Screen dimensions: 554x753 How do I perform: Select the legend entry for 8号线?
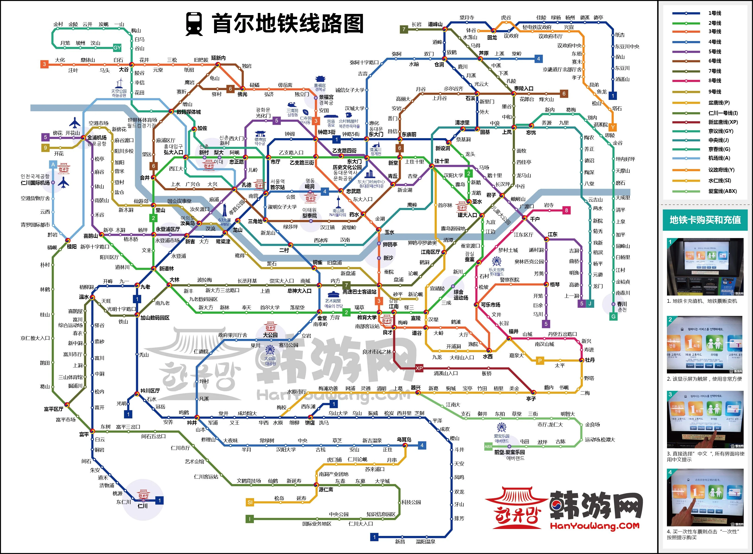click(715, 80)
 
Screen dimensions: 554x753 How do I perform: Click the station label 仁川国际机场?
click(35, 183)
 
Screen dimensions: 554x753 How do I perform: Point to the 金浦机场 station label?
click(97, 137)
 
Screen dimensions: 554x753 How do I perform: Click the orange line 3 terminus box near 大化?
click(44, 64)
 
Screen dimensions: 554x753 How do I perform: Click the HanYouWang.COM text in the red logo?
click(595, 526)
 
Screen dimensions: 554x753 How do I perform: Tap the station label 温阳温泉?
click(425, 541)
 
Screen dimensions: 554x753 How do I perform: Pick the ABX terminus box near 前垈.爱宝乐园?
click(488, 446)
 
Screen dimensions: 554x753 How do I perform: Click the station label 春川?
click(622, 304)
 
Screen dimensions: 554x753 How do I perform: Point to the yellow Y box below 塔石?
click(613, 127)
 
